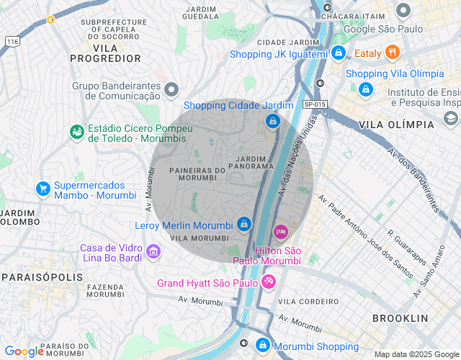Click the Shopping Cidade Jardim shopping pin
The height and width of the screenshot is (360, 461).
click(272, 121)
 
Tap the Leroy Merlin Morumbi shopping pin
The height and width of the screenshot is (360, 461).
click(244, 225)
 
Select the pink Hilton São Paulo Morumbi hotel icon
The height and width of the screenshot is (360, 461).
click(281, 231)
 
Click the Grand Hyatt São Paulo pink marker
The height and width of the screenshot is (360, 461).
click(268, 281)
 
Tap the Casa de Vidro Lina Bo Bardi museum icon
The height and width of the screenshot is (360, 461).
click(153, 252)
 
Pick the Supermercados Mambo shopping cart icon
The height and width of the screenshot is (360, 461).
click(43, 189)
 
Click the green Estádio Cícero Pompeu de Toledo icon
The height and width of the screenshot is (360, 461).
click(76, 132)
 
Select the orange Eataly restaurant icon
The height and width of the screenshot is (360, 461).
click(393, 52)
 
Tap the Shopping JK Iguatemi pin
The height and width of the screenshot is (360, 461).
click(339, 53)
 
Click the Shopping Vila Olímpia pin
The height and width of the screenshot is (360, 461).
click(366, 89)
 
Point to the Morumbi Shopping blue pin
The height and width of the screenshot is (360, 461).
click(264, 346)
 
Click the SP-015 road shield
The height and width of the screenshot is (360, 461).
click(315, 104)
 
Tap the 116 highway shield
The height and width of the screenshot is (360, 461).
click(12, 42)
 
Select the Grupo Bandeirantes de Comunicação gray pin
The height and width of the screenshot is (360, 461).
click(171, 90)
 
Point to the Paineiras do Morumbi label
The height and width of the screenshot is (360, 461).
click(197, 174)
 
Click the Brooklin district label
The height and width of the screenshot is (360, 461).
click(400, 318)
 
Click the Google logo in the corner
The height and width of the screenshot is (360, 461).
click(24, 351)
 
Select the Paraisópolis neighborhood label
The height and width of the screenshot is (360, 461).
click(36, 276)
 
